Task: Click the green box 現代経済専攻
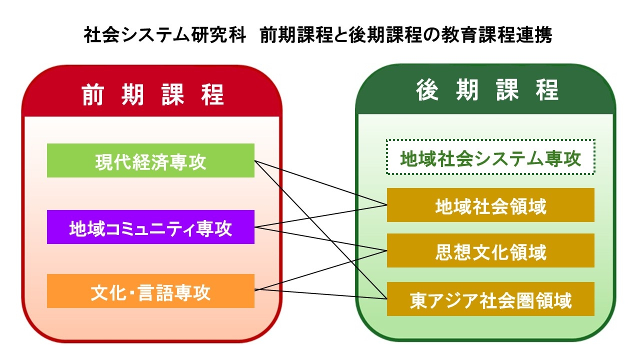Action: (150, 160)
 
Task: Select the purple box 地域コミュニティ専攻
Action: (150, 227)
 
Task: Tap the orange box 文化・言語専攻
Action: (150, 291)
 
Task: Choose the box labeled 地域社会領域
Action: (490, 205)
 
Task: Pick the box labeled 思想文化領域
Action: (490, 250)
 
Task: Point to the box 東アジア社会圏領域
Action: (490, 299)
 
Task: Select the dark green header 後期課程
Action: (486, 91)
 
